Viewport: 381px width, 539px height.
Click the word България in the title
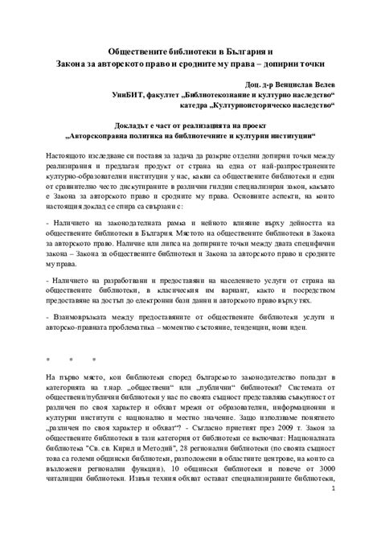pos(248,50)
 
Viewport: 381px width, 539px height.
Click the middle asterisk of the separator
pos(72,359)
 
